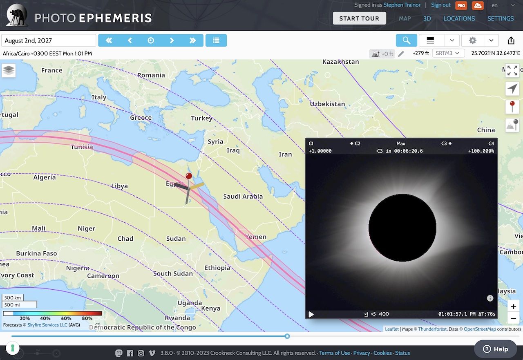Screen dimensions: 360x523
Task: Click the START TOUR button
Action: coord(359,18)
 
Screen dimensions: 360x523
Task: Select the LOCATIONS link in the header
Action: coord(459,18)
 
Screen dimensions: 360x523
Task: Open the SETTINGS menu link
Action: coord(500,18)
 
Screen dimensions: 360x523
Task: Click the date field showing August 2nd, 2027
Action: coord(49,40)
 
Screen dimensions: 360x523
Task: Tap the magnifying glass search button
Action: coord(406,40)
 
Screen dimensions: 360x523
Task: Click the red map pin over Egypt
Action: coord(189,177)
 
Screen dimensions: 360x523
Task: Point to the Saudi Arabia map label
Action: coord(243,197)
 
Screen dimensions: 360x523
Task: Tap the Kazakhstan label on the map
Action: coord(340,62)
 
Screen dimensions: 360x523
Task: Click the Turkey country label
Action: coord(201,119)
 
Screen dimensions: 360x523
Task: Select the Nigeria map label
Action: coord(78,268)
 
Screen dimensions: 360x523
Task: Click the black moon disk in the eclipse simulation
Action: coord(402,228)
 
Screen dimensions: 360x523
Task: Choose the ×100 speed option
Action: coord(384,314)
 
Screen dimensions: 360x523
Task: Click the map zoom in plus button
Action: coord(514,306)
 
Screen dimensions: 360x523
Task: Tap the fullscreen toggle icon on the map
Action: coord(512,70)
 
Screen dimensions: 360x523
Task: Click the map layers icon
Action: coord(9,70)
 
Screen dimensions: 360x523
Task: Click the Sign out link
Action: coord(440,5)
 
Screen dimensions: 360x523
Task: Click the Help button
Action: coord(495,349)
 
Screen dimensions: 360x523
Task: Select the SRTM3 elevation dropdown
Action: coord(447,53)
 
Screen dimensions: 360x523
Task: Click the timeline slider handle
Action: coord(287,336)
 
